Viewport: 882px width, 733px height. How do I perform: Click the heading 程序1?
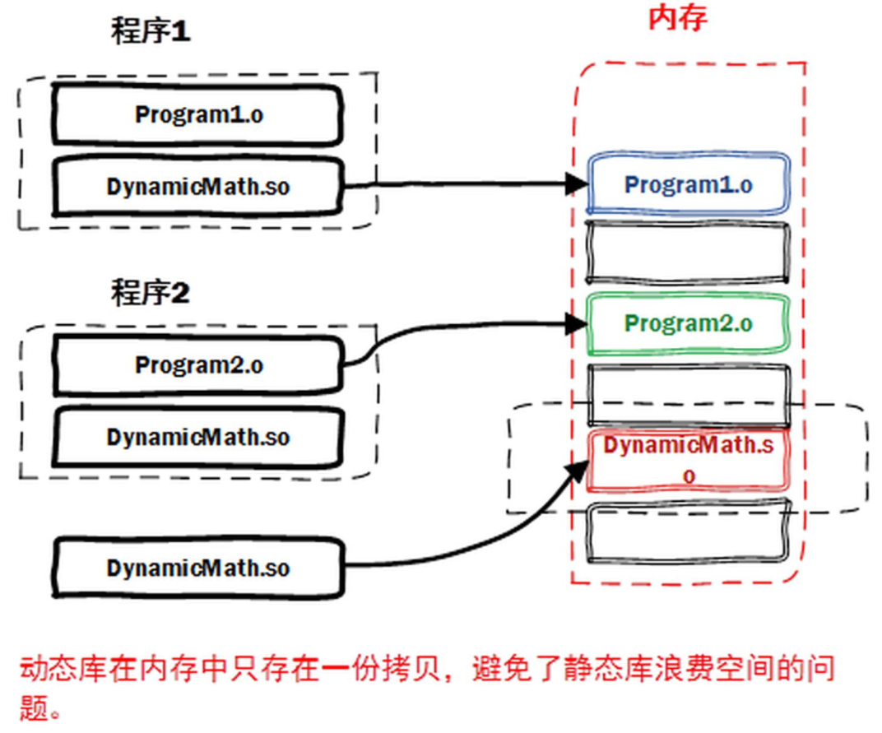[x=151, y=32]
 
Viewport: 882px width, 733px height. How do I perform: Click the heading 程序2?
[x=151, y=292]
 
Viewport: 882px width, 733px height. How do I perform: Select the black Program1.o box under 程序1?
[x=197, y=114]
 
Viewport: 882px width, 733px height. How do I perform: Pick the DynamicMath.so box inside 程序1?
[x=197, y=187]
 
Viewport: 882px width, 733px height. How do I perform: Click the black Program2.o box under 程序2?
[x=197, y=364]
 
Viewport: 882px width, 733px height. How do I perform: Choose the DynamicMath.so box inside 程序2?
[x=197, y=436]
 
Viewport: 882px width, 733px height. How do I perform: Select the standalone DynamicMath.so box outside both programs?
[x=197, y=568]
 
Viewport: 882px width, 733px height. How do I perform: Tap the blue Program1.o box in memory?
[x=688, y=184]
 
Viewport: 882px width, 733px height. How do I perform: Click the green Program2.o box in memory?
[x=688, y=323]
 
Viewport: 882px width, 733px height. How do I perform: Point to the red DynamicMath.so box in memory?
[x=688, y=460]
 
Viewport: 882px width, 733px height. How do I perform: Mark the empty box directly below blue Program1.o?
[x=688, y=253]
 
